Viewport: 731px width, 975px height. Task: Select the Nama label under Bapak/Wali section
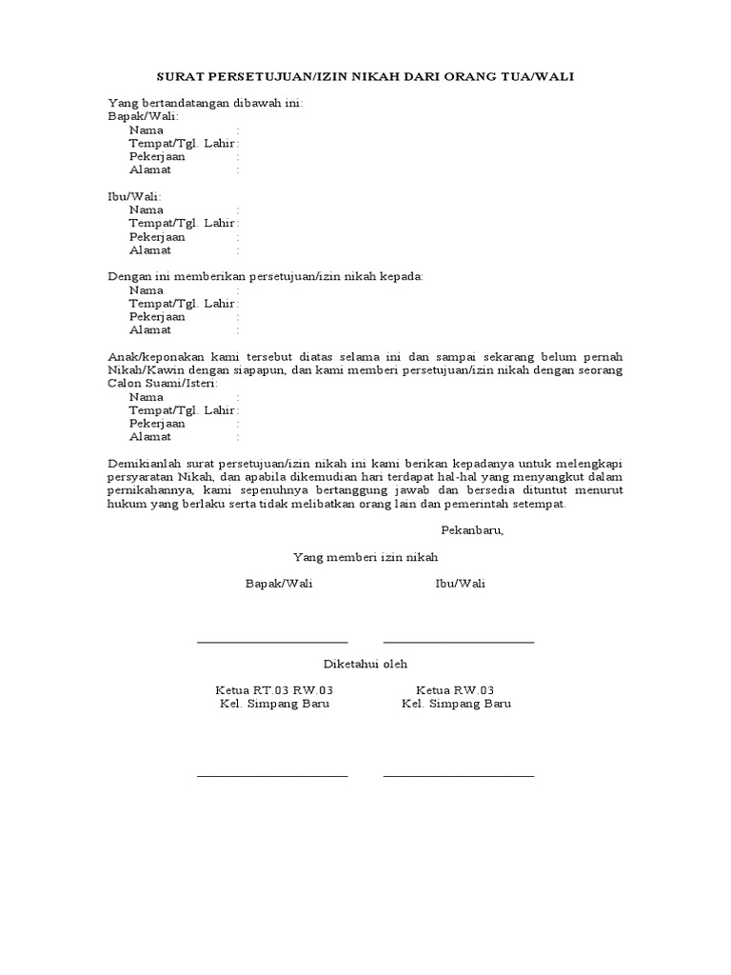[147, 129]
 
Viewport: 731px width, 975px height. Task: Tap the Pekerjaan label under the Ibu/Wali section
[157, 236]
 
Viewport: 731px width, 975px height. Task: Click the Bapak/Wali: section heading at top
[143, 116]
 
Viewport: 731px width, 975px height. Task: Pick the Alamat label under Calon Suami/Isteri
[150, 436]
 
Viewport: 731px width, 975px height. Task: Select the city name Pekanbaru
[472, 530]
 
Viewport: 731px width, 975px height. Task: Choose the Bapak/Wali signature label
[279, 584]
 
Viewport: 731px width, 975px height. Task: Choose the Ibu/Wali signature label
[460, 584]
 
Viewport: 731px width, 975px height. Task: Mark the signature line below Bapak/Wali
[272, 642]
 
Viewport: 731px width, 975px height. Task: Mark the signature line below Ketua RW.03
[458, 775]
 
